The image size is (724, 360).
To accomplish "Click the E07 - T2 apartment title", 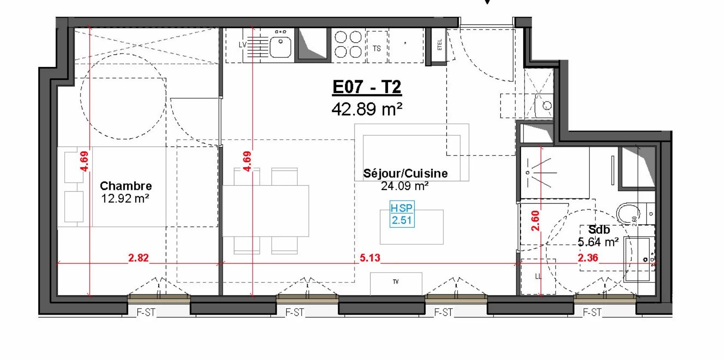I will pyautogui.click(x=367, y=87).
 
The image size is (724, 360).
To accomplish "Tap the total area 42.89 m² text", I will pyautogui.click(x=367, y=109).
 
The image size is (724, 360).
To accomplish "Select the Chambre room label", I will pyautogui.click(x=126, y=186).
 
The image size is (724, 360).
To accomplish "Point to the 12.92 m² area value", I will pyautogui.click(x=125, y=198).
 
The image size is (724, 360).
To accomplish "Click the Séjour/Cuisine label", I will pyautogui.click(x=405, y=173).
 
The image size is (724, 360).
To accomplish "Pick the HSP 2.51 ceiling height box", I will pyautogui.click(x=402, y=214).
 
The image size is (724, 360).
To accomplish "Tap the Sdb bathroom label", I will pyautogui.click(x=599, y=230).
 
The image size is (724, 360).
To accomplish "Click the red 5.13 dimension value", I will pyautogui.click(x=370, y=258).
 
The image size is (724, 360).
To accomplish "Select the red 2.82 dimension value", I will pyautogui.click(x=138, y=258).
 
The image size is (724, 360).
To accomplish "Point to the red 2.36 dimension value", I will pyautogui.click(x=588, y=258).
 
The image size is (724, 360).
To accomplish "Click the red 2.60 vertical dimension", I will pyautogui.click(x=536, y=221).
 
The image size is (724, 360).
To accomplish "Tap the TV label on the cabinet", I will pyautogui.click(x=396, y=282).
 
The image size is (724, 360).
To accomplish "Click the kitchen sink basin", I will pyautogui.click(x=281, y=46).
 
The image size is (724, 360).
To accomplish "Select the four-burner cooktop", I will pyautogui.click(x=348, y=44).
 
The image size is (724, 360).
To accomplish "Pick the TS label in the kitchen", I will pyautogui.click(x=377, y=48).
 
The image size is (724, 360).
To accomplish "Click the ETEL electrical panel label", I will pyautogui.click(x=439, y=45).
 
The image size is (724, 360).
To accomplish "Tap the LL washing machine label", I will pyautogui.click(x=538, y=276).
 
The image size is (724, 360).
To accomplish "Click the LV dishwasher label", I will pyautogui.click(x=242, y=45).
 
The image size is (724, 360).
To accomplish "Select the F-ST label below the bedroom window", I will pyautogui.click(x=146, y=312).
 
